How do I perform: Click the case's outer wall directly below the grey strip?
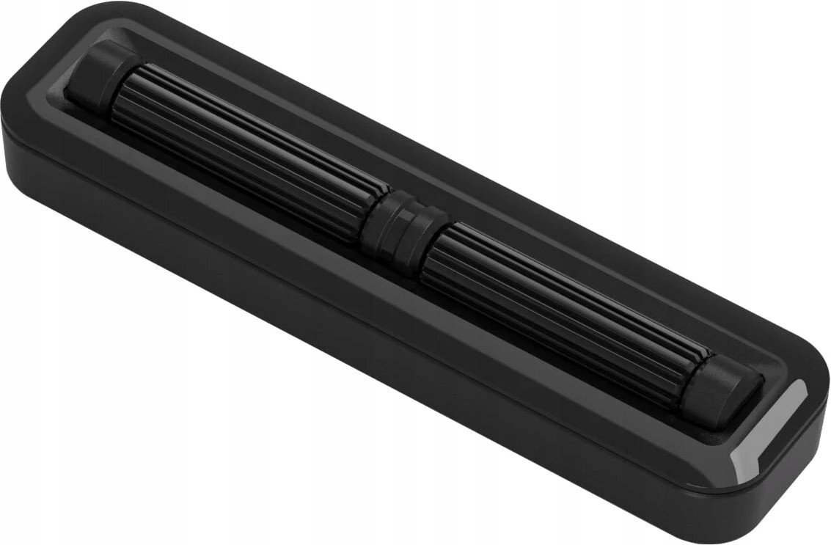point(770,484)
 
